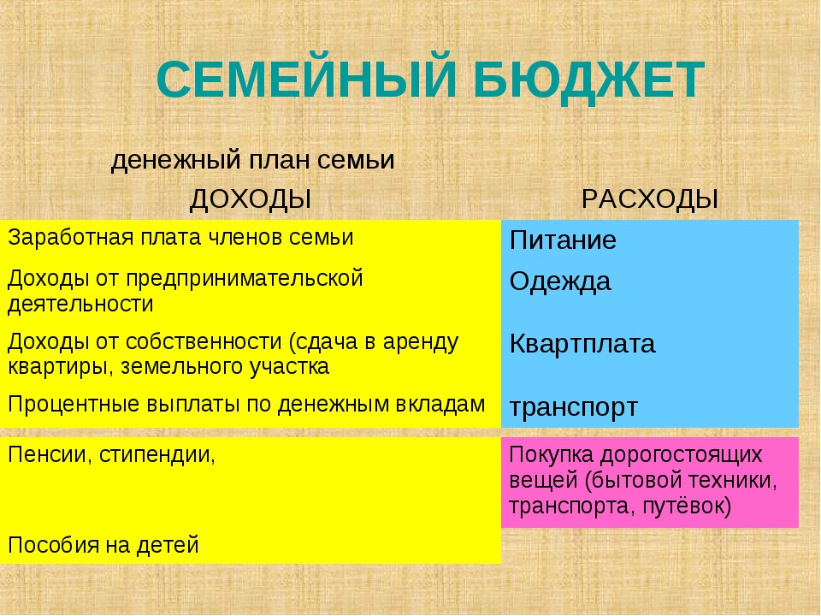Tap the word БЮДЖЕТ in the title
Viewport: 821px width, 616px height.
click(x=589, y=80)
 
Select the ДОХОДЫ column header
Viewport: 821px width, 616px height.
click(x=251, y=200)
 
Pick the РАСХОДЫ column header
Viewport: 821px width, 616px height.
click(x=649, y=199)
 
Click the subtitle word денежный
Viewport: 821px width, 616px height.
click(x=175, y=160)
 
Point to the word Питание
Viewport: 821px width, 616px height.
click(x=563, y=240)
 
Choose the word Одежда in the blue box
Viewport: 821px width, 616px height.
click(x=559, y=281)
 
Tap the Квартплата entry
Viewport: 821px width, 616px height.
click(x=582, y=344)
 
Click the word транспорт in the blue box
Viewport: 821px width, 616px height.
click(x=573, y=407)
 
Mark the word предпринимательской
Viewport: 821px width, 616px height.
click(x=245, y=279)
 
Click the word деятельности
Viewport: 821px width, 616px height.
click(x=80, y=305)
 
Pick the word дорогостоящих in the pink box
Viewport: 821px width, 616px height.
click(x=682, y=454)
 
